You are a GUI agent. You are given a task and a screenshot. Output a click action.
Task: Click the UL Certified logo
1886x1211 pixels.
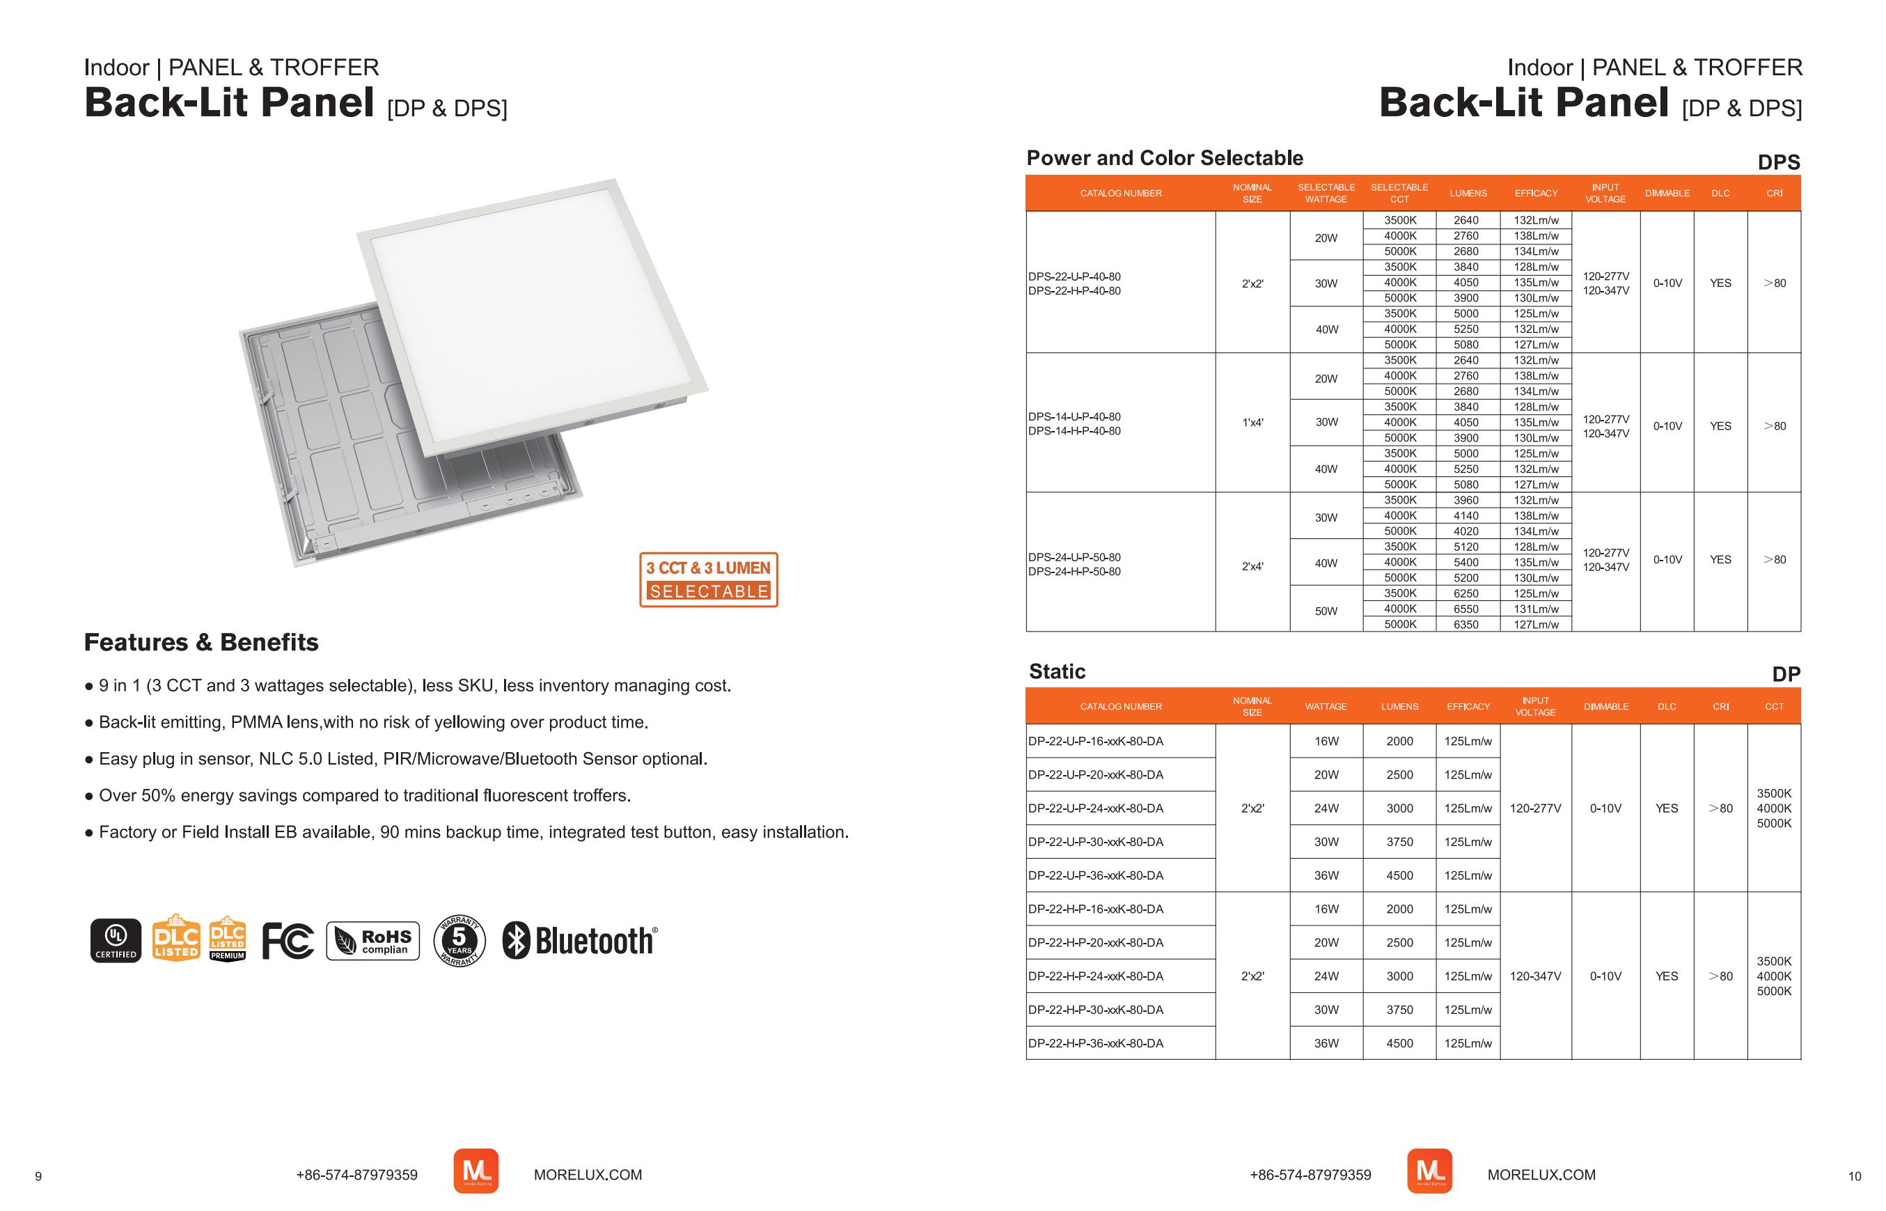click(116, 941)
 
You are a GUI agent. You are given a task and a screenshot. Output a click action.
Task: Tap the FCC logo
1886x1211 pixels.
click(288, 941)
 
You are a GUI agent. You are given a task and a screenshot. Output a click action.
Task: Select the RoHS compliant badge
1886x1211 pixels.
click(373, 942)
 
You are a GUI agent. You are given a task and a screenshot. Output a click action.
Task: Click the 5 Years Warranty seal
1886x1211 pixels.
click(459, 941)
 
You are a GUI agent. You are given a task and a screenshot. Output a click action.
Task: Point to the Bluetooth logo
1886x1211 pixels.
click(580, 941)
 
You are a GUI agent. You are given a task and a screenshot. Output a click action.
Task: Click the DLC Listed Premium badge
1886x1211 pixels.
click(228, 939)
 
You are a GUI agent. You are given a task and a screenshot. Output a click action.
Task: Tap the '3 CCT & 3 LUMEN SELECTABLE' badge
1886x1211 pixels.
click(708, 579)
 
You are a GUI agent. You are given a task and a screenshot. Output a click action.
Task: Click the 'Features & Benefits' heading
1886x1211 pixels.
click(201, 643)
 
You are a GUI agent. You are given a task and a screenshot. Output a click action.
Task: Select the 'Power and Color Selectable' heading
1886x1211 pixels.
click(1164, 158)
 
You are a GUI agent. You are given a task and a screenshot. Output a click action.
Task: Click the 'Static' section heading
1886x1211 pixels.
click(1057, 671)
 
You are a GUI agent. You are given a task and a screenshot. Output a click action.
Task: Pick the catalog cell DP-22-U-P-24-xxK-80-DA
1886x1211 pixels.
click(1096, 808)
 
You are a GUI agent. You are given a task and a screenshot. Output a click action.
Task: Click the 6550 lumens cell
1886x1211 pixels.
click(1466, 609)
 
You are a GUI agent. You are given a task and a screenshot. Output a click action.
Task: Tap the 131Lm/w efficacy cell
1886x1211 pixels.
click(1536, 609)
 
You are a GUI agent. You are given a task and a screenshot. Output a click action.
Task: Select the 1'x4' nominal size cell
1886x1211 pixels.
click(1252, 422)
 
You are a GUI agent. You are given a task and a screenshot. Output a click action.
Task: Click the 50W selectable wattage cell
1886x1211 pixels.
click(1326, 611)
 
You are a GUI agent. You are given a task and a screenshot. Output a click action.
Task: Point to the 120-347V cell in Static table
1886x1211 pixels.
click(1535, 976)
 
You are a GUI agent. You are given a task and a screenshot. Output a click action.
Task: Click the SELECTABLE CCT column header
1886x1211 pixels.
click(1399, 194)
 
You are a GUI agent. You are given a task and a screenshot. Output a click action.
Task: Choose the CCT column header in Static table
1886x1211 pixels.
click(1775, 707)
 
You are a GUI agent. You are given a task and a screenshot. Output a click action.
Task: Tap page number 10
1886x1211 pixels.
click(1855, 1177)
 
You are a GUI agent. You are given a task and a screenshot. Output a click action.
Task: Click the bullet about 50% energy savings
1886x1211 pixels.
click(364, 796)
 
